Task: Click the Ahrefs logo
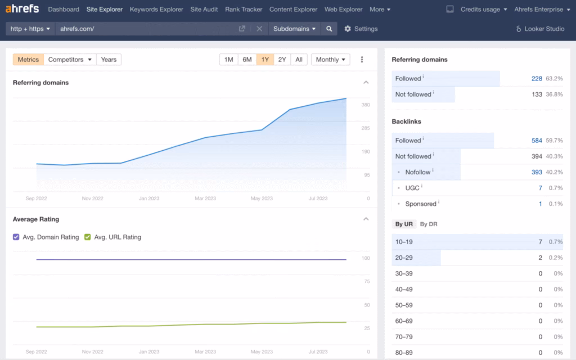22,9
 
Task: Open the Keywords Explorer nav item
156,10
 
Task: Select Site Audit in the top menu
204,10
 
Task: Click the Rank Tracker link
244,10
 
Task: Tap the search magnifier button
329,29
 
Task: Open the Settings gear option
361,29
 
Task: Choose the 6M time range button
247,60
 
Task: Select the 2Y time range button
282,60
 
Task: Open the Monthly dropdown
330,60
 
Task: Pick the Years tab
109,60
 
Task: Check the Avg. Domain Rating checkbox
16,237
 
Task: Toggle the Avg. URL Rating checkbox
87,237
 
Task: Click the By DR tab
429,224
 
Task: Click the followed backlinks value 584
537,141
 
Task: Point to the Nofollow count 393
537,172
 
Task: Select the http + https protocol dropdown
30,29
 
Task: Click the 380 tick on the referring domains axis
366,105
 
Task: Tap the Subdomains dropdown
294,29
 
